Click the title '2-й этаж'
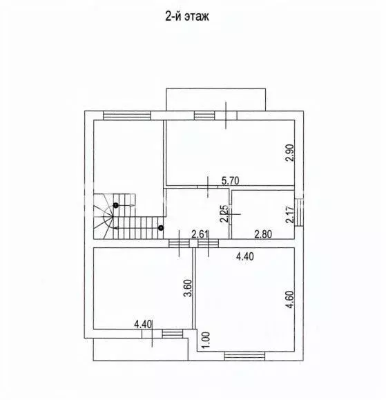(x=187, y=17)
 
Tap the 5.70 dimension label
(x=230, y=181)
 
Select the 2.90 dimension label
(x=290, y=153)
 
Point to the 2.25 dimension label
(x=224, y=213)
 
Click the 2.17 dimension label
(x=290, y=215)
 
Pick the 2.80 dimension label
(x=263, y=234)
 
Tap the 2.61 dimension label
(x=200, y=234)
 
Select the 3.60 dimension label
(x=188, y=288)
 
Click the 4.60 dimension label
(x=290, y=300)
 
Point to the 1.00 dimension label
(x=206, y=339)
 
